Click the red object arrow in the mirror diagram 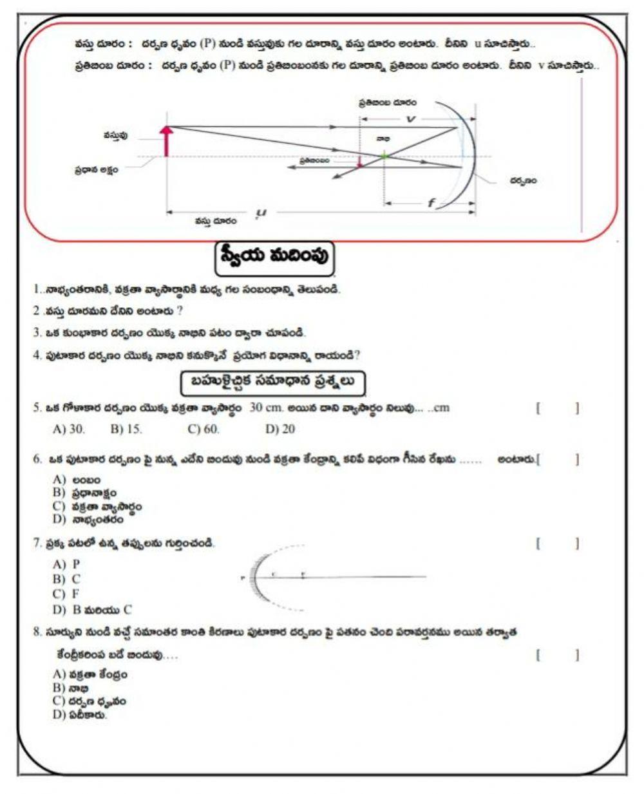coord(167,141)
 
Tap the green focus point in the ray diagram coord(384,155)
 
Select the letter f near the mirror coord(431,203)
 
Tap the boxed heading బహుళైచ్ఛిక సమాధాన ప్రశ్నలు coord(272,383)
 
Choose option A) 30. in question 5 coord(68,429)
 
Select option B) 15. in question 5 coord(126,429)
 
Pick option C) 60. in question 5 coord(204,429)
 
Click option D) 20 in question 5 coord(280,429)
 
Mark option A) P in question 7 coord(67,564)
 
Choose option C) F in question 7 coord(67,594)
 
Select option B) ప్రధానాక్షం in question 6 coord(85,493)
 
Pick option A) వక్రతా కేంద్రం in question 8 coord(90,674)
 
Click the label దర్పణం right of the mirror coord(523,181)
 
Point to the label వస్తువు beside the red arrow coord(115,135)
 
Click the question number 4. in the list coord(37,355)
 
